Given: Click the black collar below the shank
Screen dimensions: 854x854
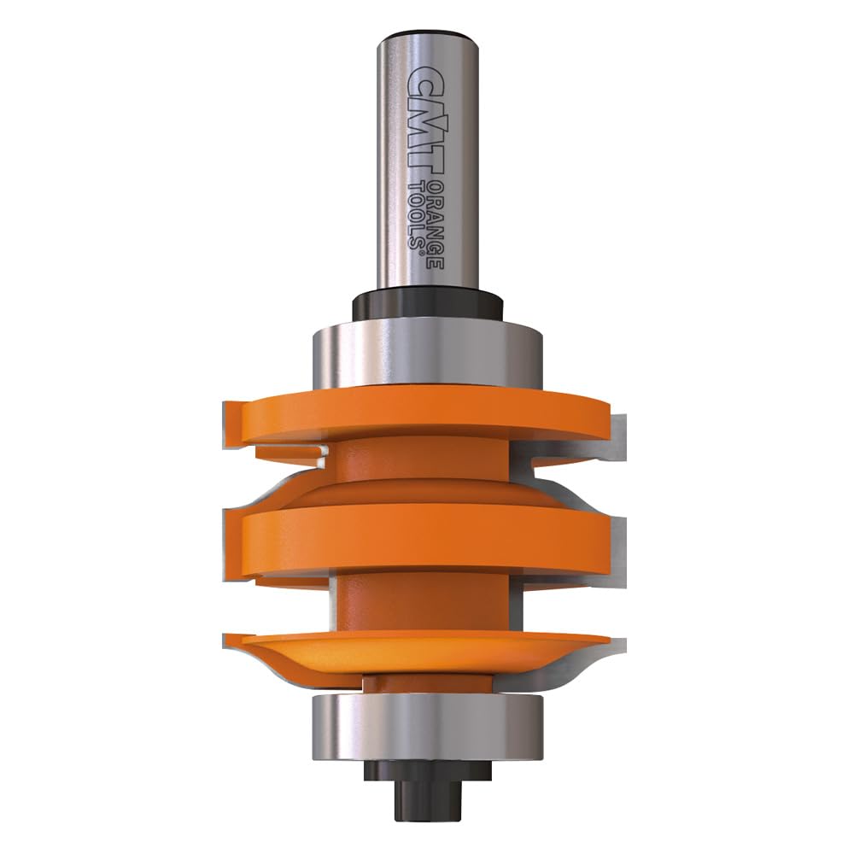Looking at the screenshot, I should (426, 304).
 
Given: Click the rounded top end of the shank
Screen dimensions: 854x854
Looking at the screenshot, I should (427, 38).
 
